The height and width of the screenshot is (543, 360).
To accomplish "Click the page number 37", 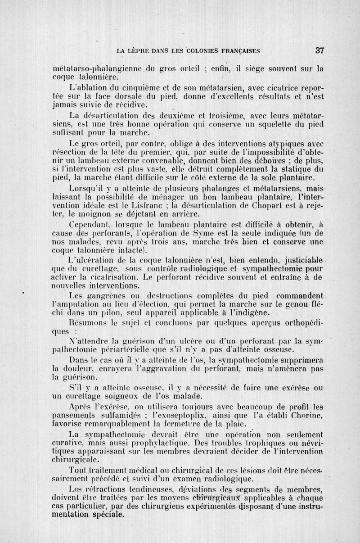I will pos(320,51).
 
